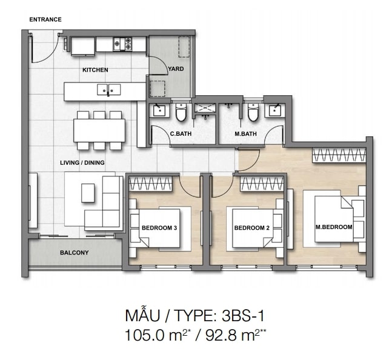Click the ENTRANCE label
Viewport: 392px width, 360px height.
point(45,19)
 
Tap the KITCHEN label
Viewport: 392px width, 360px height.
point(95,70)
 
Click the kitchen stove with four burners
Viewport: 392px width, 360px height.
point(122,44)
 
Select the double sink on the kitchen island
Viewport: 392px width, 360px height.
point(108,90)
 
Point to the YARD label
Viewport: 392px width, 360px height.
point(176,68)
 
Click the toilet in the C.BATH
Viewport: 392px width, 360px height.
point(181,112)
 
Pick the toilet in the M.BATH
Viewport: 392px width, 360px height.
point(253,112)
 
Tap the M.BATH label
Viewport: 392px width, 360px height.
point(245,134)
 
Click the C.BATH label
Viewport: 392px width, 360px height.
point(181,134)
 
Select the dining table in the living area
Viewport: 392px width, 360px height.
point(99,130)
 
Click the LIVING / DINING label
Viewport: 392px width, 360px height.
point(82,163)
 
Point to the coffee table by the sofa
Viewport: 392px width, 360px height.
point(88,193)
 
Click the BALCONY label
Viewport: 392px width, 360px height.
point(75,253)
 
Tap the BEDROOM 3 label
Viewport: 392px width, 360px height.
point(159,228)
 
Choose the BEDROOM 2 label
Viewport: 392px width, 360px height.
point(252,228)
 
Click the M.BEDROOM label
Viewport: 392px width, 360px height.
point(334,227)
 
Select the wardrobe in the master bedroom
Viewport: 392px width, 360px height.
point(339,155)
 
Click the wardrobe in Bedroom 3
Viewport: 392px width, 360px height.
point(150,184)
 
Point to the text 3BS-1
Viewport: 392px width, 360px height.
point(243,316)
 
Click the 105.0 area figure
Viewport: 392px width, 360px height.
point(145,335)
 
